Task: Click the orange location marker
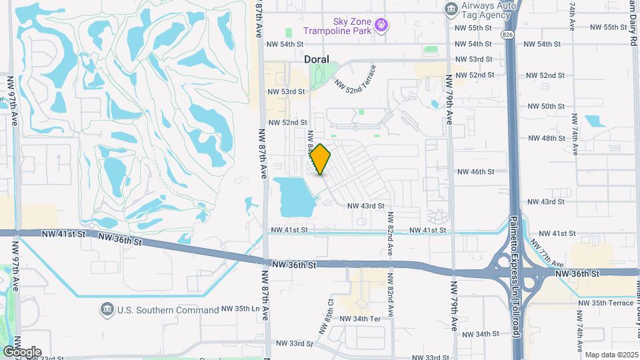click(321, 159)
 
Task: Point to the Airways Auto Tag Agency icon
click(451, 9)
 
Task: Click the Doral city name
click(317, 59)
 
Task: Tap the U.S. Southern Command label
click(168, 310)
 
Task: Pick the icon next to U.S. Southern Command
click(107, 309)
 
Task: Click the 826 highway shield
click(508, 34)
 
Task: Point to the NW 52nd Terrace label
click(356, 78)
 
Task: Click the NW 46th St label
click(475, 171)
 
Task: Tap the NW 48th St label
click(546, 138)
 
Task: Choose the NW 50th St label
click(546, 107)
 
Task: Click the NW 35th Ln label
click(240, 309)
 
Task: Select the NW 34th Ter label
click(360, 319)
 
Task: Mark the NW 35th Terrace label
click(606, 303)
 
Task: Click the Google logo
click(21, 352)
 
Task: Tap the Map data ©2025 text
click(611, 355)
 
